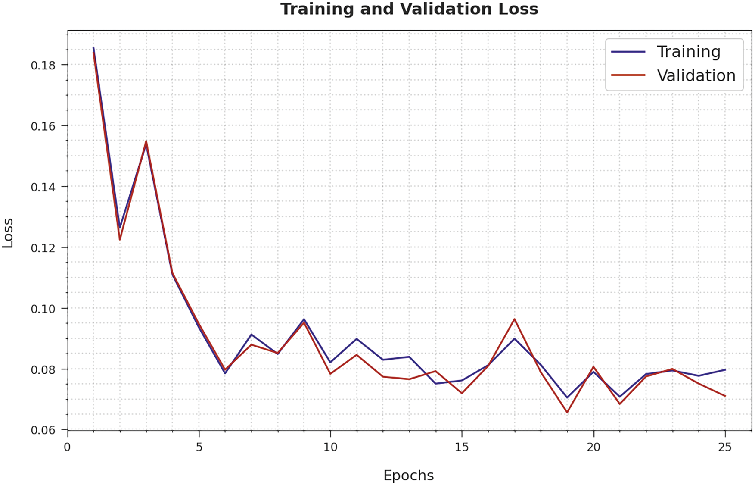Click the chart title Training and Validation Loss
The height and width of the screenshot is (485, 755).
409,9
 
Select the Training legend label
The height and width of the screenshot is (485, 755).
688,52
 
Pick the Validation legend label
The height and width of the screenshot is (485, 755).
696,76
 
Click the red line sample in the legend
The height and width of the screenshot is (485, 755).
628,75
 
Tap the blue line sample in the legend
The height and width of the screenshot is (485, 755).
628,52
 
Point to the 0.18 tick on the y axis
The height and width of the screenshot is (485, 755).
43,65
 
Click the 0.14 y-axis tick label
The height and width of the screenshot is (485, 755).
43,187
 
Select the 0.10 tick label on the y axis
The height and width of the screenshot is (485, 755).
43,309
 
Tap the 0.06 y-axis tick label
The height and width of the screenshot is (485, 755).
43,430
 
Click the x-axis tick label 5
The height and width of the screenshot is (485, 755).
199,447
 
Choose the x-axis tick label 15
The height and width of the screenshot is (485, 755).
462,447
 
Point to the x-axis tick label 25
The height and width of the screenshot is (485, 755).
725,447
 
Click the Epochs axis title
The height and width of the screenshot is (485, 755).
408,476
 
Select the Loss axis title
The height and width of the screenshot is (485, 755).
8,233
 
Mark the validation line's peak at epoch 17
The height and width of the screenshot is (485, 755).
514,319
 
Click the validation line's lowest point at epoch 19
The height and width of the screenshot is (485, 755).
567,412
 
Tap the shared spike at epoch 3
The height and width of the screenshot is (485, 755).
146,141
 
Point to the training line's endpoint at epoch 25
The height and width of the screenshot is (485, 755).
725,369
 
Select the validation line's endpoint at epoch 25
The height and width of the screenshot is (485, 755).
725,396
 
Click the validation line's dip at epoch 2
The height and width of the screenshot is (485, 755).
120,239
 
